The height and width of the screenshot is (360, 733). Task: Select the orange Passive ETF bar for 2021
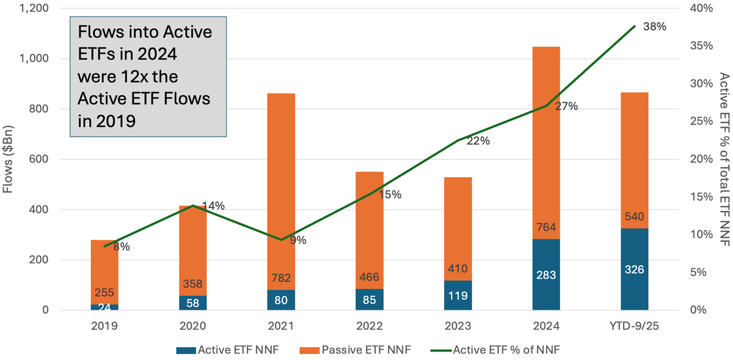point(280,183)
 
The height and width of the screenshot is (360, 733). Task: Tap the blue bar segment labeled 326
point(634,270)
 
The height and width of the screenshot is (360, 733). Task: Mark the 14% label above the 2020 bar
point(214,206)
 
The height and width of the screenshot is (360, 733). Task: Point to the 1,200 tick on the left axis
point(49,8)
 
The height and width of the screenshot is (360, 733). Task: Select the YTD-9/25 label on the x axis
point(634,327)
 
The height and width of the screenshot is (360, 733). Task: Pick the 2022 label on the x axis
point(368,327)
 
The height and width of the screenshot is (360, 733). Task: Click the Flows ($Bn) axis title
point(9,159)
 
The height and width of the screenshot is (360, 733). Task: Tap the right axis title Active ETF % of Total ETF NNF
point(724,159)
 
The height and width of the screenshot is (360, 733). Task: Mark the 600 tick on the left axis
point(54,159)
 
